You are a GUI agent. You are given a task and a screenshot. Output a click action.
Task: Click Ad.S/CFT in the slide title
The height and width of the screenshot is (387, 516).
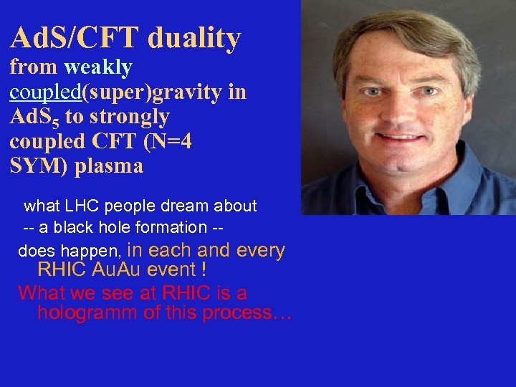point(75,38)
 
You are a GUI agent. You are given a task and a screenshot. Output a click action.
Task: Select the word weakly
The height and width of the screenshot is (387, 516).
point(97,68)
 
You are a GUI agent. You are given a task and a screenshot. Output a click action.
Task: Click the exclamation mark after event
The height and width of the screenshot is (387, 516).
point(205,270)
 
